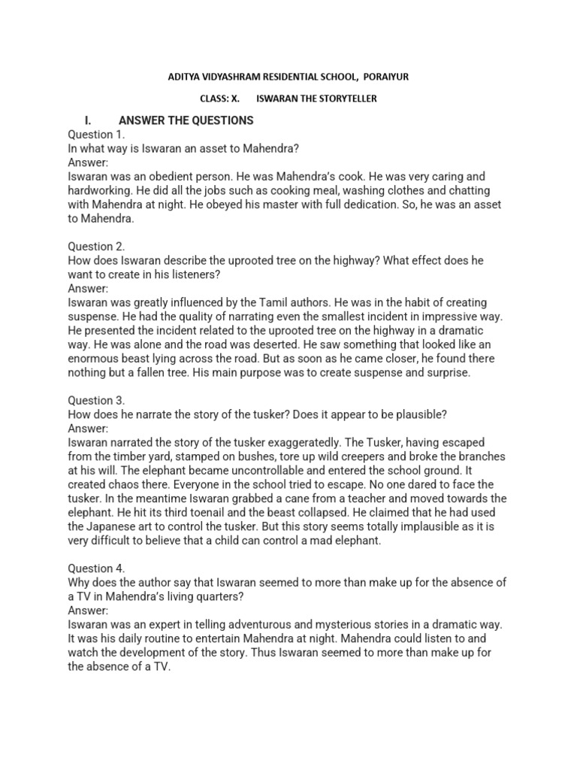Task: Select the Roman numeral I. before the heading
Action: tap(88, 120)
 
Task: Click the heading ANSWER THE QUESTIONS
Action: tap(186, 120)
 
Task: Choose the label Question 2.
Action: tap(97, 247)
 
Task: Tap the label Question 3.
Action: tap(97, 401)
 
